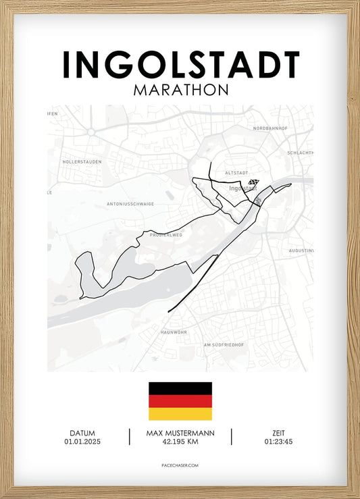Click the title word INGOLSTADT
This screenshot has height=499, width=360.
click(x=180, y=65)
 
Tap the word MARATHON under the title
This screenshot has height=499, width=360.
click(x=180, y=89)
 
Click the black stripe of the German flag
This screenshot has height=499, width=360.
click(x=180, y=388)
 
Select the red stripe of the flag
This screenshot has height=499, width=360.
click(x=180, y=401)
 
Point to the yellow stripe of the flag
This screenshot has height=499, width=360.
click(x=180, y=414)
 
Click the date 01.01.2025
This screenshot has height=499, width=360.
click(x=82, y=442)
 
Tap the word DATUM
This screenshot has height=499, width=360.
click(x=82, y=433)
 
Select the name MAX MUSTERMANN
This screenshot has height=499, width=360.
click(x=180, y=433)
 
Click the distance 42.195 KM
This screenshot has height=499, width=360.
click(x=180, y=442)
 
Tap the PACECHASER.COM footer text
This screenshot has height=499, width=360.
click(x=180, y=465)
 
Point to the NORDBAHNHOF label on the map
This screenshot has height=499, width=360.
click(x=270, y=128)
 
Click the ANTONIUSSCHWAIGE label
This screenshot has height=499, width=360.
click(x=130, y=203)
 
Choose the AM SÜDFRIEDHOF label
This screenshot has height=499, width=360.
click(x=224, y=345)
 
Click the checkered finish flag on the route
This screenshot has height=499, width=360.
click(x=253, y=182)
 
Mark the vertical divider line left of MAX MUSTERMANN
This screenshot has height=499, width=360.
click(x=130, y=437)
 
